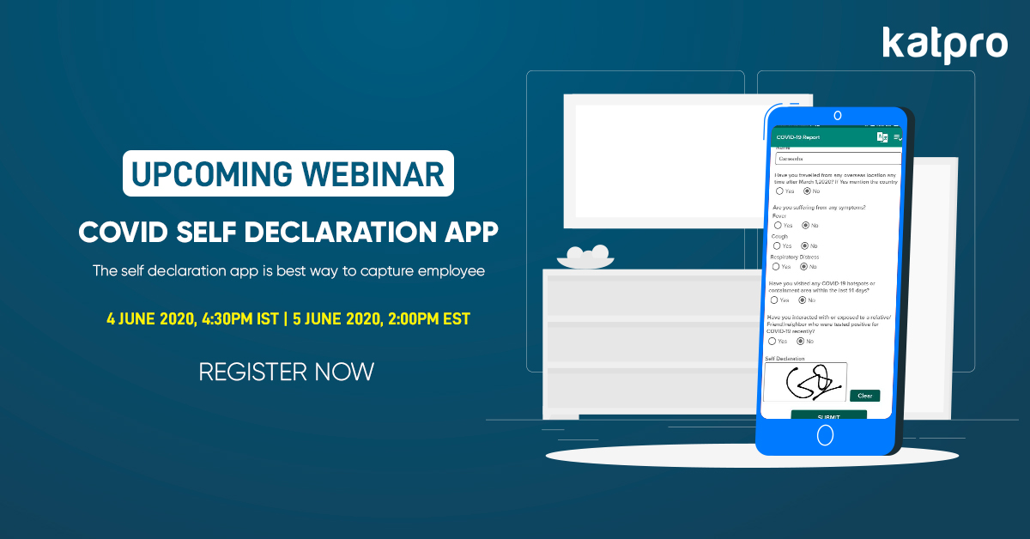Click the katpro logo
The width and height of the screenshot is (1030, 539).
coord(944,45)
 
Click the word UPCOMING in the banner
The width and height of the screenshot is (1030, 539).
coord(205,173)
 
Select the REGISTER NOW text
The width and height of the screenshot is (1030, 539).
coord(287,372)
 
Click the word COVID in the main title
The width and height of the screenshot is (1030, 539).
coord(124,232)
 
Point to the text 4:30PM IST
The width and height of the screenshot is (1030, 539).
coord(239,318)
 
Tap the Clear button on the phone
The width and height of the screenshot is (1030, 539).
coord(864,396)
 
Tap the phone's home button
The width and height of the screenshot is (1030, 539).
coord(825,435)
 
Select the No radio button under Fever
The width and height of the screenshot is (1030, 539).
coord(806,225)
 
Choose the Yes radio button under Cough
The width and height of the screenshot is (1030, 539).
coord(778,245)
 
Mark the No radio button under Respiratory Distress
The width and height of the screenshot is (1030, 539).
coord(806,266)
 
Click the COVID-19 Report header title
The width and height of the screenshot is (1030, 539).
coord(798,137)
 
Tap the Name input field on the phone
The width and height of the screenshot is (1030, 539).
coord(837,159)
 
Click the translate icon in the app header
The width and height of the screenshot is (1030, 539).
coord(882,137)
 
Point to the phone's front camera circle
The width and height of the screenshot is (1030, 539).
coord(836,114)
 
